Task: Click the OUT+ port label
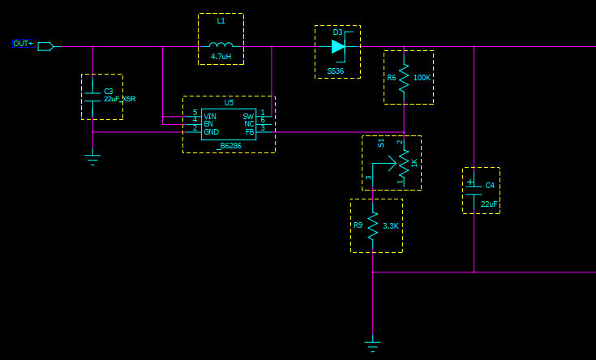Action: (x=24, y=44)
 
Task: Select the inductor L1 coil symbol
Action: (x=221, y=45)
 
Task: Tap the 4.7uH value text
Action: (x=221, y=57)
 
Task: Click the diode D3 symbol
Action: (x=339, y=46)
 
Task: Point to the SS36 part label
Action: (x=335, y=71)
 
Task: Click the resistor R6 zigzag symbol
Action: (x=404, y=77)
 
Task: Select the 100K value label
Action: (x=422, y=78)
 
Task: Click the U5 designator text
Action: (x=229, y=103)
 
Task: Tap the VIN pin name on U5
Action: (x=210, y=117)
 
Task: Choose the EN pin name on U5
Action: (x=208, y=124)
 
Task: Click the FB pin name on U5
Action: (x=250, y=131)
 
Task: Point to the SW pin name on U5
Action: (x=248, y=117)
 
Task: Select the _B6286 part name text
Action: (x=229, y=145)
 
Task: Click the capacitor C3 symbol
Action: (x=92, y=96)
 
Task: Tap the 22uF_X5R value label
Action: (x=120, y=99)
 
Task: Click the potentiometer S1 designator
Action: (x=381, y=144)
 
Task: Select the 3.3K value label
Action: (x=390, y=226)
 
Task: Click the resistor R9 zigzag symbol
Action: (x=372, y=225)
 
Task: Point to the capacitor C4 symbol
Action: (x=474, y=191)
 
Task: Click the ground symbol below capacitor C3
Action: (x=92, y=159)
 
